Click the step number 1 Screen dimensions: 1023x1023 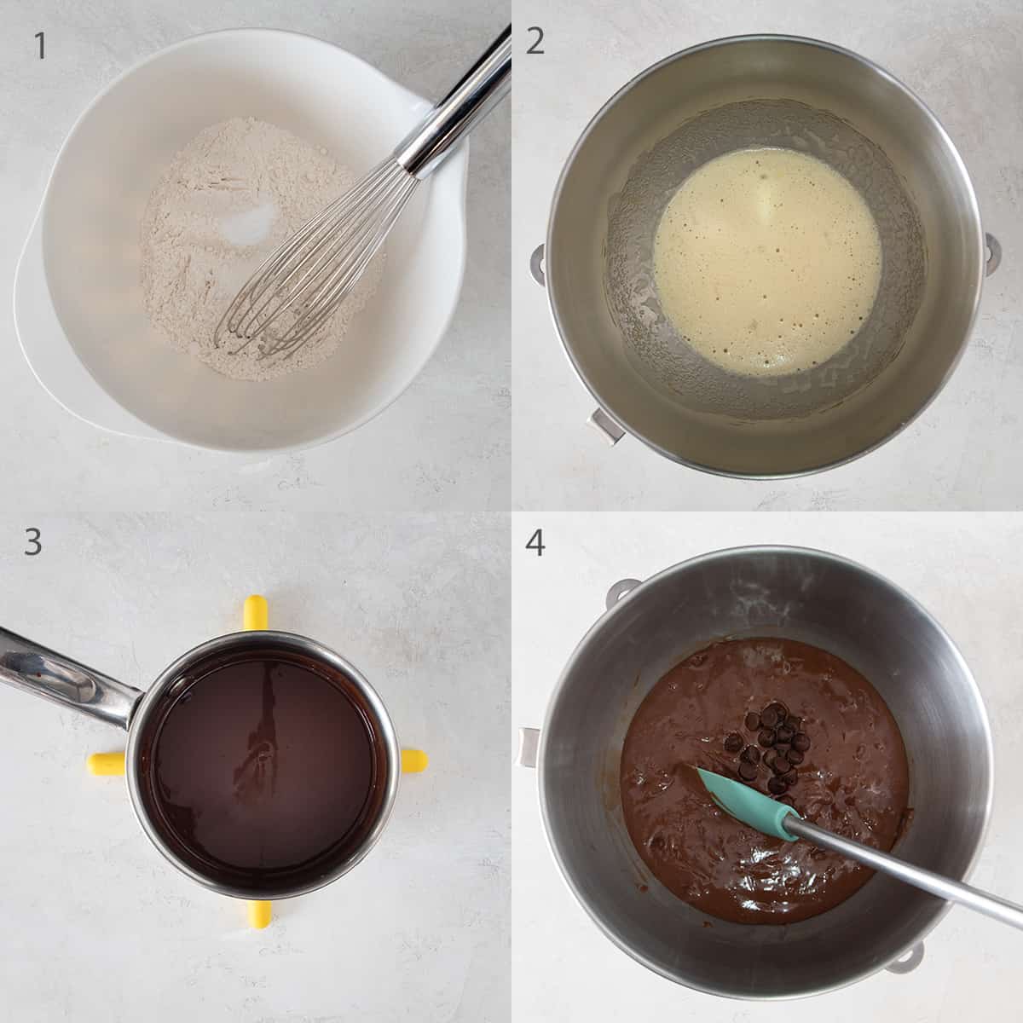40,47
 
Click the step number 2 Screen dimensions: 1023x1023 535,40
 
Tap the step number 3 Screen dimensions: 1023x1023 33,541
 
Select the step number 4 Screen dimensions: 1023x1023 535,543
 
